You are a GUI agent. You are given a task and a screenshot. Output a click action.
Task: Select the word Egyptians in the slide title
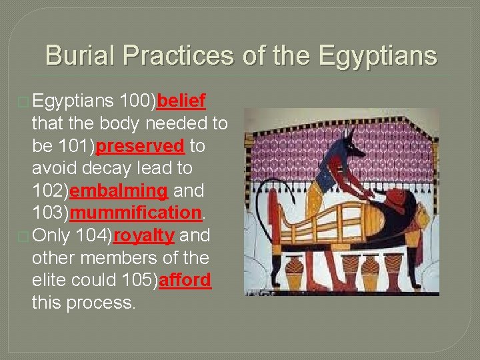click(x=379, y=55)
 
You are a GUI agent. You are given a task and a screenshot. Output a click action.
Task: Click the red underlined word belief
click(x=182, y=101)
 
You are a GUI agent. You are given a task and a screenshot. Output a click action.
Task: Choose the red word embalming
click(x=119, y=191)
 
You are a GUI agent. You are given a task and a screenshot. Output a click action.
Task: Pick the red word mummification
click(x=135, y=213)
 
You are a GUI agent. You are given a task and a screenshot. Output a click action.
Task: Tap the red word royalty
click(x=144, y=235)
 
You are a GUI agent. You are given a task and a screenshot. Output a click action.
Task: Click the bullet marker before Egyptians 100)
click(x=25, y=102)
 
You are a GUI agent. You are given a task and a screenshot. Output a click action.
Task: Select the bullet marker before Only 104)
click(x=25, y=236)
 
